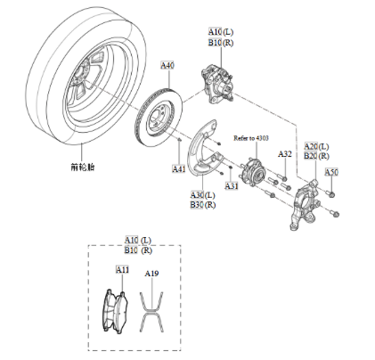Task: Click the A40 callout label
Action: [167, 66]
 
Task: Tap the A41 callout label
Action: [179, 168]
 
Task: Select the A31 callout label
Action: [231, 186]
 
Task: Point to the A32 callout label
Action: [284, 154]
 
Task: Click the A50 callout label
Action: [331, 171]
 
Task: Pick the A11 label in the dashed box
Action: [122, 268]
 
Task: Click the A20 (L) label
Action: [316, 145]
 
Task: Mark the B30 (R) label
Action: [203, 205]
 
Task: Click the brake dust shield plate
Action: [207, 151]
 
